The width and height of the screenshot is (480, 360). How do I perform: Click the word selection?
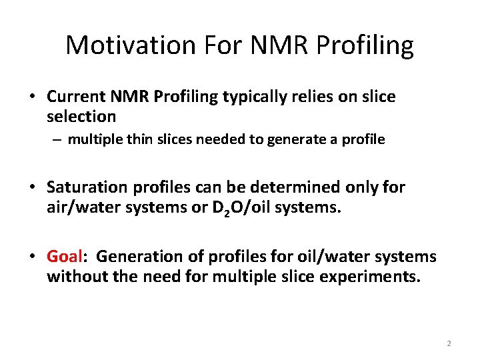pyautogui.click(x=81, y=117)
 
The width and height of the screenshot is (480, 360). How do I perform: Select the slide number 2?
pyautogui.click(x=449, y=343)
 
